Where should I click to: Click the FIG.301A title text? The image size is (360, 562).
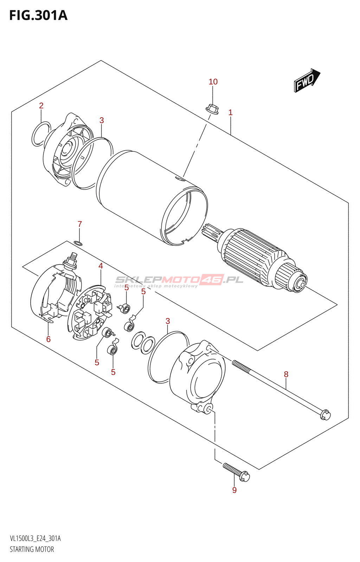click(x=38, y=15)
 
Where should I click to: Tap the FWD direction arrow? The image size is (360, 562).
click(x=307, y=80)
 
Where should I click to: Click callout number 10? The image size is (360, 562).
click(x=213, y=82)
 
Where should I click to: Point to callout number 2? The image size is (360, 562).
click(x=41, y=105)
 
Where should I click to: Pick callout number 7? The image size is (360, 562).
click(x=80, y=224)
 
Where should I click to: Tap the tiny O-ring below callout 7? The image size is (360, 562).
click(x=79, y=243)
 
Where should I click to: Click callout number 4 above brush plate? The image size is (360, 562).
click(x=101, y=266)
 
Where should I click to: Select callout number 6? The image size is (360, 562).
click(x=49, y=339)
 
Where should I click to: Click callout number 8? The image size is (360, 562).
click(x=286, y=374)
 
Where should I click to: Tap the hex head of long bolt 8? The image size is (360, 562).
click(x=326, y=415)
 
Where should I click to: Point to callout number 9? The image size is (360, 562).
click(x=234, y=490)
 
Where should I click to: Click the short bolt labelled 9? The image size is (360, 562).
click(x=236, y=472)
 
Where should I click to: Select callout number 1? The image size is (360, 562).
click(x=230, y=112)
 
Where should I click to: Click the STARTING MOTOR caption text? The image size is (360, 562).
click(x=32, y=549)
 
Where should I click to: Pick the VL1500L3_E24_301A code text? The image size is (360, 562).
click(x=35, y=538)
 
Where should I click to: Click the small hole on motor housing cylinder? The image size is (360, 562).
click(x=180, y=180)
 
